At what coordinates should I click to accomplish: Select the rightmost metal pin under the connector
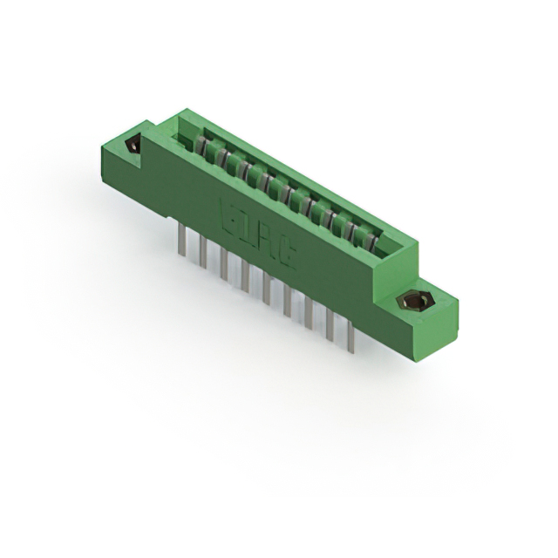(x=350, y=336)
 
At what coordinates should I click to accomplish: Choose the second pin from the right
(x=329, y=324)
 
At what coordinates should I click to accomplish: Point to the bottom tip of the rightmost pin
(x=350, y=351)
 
